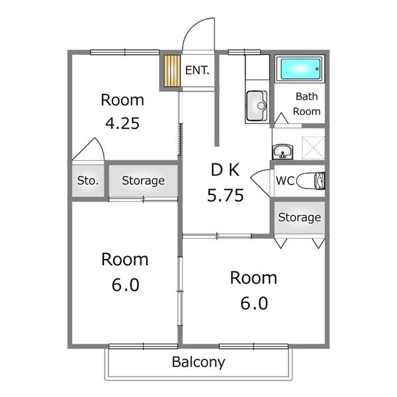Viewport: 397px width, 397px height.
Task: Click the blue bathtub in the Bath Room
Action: (x=300, y=69)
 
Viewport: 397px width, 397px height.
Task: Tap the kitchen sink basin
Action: (x=257, y=106)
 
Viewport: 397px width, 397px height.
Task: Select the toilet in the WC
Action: (x=311, y=181)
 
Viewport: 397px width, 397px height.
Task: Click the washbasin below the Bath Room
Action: (x=283, y=152)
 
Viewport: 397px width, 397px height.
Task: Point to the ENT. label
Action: (x=197, y=70)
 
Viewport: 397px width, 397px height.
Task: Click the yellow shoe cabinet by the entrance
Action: (x=172, y=71)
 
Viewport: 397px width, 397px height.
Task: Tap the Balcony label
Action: (x=198, y=362)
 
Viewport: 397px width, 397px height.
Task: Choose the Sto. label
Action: (x=88, y=181)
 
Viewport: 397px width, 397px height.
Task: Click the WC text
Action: (x=285, y=181)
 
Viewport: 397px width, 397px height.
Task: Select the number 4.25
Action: (x=122, y=124)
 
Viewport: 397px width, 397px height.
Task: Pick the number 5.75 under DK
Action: (x=226, y=195)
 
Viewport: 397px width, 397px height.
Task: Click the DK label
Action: (x=225, y=170)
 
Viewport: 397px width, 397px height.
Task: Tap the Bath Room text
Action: (x=306, y=104)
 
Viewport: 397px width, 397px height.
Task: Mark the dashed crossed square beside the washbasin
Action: (x=313, y=148)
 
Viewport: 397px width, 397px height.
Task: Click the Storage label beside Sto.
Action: (x=144, y=181)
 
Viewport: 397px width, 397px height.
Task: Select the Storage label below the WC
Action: (x=300, y=218)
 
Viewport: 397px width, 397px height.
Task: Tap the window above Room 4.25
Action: (x=125, y=52)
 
